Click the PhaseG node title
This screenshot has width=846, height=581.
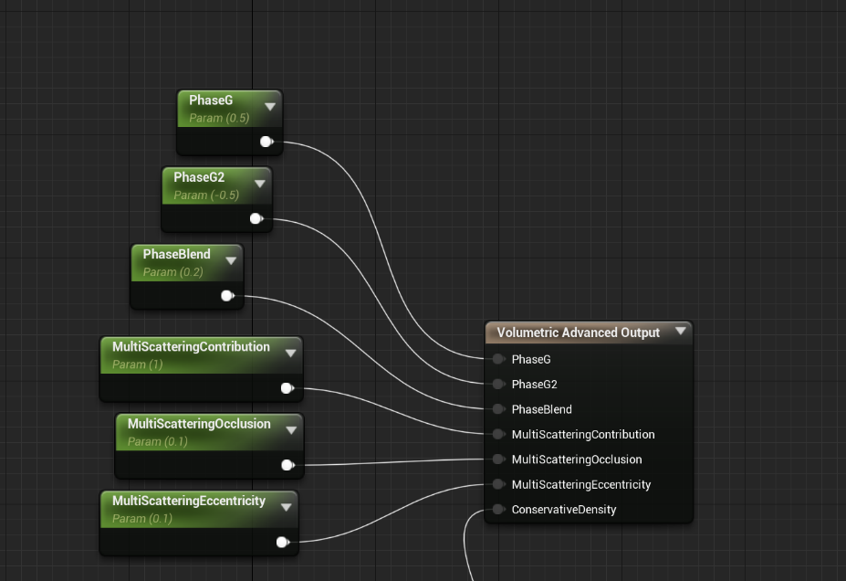pyautogui.click(x=211, y=100)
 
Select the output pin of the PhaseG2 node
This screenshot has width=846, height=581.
pyautogui.click(x=256, y=218)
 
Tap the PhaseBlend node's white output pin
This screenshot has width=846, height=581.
pyautogui.click(x=227, y=295)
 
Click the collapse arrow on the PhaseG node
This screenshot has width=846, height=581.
pyautogui.click(x=270, y=107)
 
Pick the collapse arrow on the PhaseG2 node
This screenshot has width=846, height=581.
pyautogui.click(x=260, y=184)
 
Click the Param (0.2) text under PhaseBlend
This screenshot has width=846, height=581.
pyautogui.click(x=173, y=272)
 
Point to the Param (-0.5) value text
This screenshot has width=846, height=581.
pyautogui.click(x=206, y=195)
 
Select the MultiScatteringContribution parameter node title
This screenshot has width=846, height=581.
pyautogui.click(x=191, y=347)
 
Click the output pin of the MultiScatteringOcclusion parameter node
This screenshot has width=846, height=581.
pyautogui.click(x=287, y=465)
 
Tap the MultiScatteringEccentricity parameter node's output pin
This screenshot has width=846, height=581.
pyautogui.click(x=282, y=542)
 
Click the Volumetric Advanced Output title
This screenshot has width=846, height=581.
pyautogui.click(x=578, y=333)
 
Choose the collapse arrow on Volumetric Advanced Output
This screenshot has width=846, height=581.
pyautogui.click(x=681, y=332)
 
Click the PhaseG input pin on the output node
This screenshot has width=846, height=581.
pyautogui.click(x=498, y=359)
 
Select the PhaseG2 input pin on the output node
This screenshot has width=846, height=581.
pyautogui.click(x=498, y=384)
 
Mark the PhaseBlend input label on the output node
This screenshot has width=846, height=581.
pyautogui.click(x=541, y=409)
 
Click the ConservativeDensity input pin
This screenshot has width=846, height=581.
pyautogui.click(x=498, y=509)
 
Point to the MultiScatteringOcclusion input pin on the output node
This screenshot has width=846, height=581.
pyautogui.click(x=498, y=459)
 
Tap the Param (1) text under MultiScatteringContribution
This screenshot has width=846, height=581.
pyautogui.click(x=137, y=364)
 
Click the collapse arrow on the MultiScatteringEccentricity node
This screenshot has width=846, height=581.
pyautogui.click(x=287, y=507)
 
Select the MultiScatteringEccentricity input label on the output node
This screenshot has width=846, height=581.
pyautogui.click(x=581, y=484)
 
